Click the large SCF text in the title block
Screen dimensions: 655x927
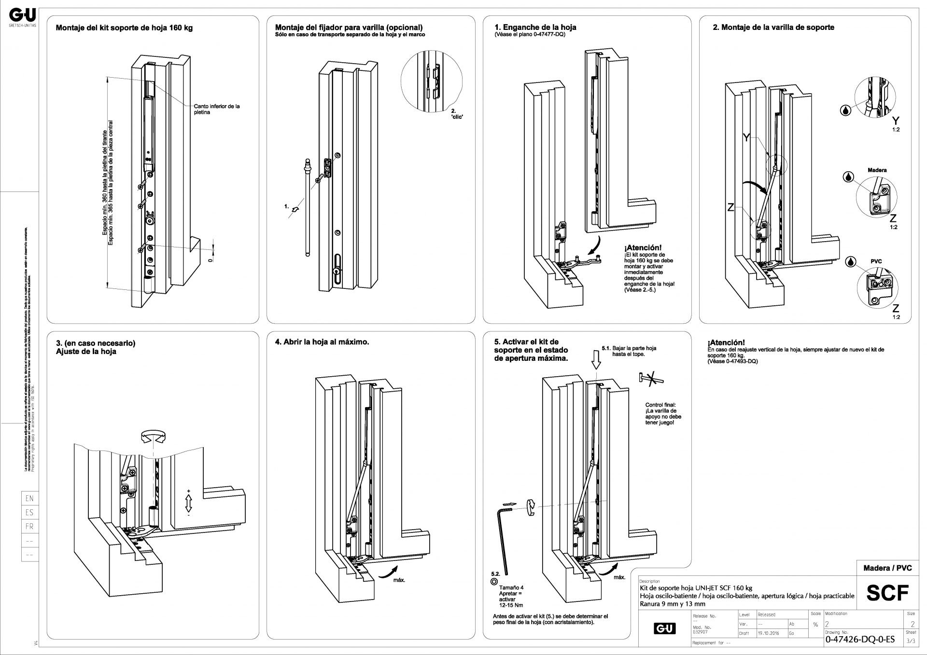[x=887, y=593]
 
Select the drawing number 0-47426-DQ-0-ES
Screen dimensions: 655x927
[x=860, y=640]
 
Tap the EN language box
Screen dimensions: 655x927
[x=29, y=499]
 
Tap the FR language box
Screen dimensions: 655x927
[x=29, y=527]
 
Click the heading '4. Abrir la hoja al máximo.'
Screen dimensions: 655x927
[x=322, y=342]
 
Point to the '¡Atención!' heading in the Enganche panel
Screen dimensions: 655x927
[x=643, y=247]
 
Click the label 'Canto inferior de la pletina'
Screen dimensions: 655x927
[x=217, y=109]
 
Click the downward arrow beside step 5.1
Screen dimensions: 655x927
[x=596, y=359]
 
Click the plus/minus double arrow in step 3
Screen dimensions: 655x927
[x=189, y=503]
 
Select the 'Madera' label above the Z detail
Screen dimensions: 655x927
[x=877, y=170]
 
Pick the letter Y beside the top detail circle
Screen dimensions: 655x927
[x=896, y=121]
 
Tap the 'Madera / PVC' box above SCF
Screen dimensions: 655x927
[x=887, y=568]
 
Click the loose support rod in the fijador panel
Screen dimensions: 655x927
[x=308, y=207]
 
